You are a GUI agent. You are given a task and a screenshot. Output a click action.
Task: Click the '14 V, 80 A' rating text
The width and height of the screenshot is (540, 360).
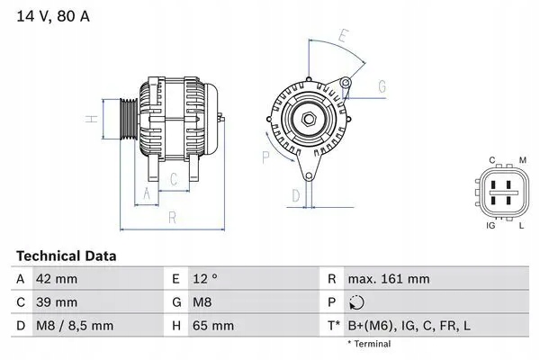(52, 16)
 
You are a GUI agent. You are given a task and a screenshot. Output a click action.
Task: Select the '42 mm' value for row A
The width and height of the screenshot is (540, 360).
(56, 279)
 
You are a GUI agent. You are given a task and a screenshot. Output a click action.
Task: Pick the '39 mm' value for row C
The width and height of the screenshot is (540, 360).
(56, 301)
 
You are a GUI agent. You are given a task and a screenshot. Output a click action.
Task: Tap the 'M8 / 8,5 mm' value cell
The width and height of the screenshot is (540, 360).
(75, 324)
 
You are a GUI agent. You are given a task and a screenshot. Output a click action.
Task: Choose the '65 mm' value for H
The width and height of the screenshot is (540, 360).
(212, 324)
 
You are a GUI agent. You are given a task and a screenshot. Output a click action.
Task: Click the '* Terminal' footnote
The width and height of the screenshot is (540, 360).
(370, 343)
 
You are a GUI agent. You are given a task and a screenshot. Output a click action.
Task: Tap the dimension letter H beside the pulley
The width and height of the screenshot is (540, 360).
(90, 119)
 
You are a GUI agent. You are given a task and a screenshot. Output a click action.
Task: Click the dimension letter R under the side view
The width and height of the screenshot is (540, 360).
(170, 218)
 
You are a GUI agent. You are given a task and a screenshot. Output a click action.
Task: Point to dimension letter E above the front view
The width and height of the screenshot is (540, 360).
(343, 36)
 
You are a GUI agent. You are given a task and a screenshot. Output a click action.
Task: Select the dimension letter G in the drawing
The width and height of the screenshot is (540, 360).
(382, 86)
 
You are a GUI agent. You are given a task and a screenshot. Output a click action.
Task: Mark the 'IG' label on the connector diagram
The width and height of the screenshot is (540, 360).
(490, 224)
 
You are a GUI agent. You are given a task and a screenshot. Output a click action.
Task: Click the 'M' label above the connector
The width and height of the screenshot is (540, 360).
(522, 160)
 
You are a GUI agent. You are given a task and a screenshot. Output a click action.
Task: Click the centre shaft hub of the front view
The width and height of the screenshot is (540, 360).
(307, 117)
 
